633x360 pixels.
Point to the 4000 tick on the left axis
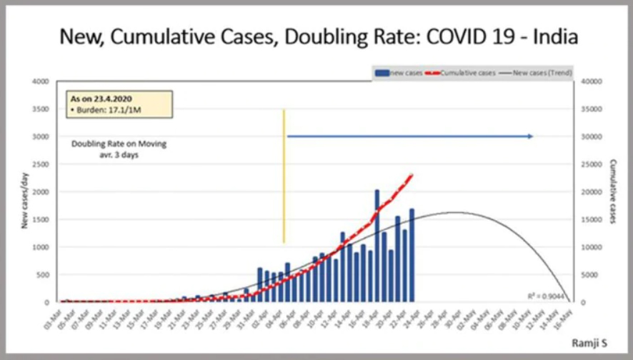pyautogui.click(x=41, y=81)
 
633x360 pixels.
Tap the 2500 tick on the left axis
pyautogui.click(x=41, y=164)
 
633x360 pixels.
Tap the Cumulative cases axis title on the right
pyautogui.click(x=613, y=191)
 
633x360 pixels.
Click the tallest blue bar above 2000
pyautogui.click(x=377, y=243)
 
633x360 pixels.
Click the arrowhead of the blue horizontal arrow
pyautogui.click(x=530, y=136)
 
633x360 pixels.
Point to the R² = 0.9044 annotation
pyautogui.click(x=553, y=294)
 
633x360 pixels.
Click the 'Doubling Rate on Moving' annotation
pyautogui.click(x=119, y=144)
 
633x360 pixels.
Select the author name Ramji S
pyautogui.click(x=589, y=344)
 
